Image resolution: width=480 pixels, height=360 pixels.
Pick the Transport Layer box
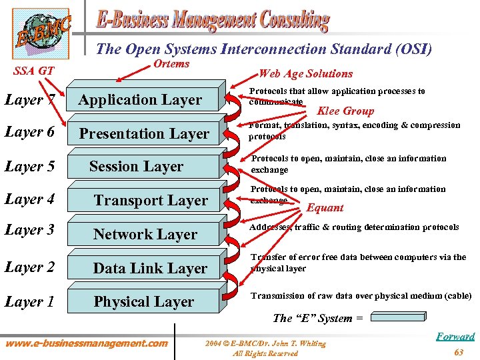coord(149,200)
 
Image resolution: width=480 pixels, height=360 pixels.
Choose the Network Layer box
coord(145,234)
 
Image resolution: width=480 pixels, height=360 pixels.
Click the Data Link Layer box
coord(149,268)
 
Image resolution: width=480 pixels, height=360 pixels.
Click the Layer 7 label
coord(29,100)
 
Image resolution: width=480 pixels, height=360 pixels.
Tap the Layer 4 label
coord(29,199)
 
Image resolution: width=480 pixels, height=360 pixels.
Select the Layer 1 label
coord(29,301)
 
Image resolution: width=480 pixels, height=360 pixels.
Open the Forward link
coord(455,337)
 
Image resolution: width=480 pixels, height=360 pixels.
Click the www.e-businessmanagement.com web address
coord(87,343)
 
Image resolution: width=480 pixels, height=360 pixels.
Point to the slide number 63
coord(458,352)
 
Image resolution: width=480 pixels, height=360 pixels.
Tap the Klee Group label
coord(345,111)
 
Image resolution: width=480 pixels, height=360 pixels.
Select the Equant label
coord(325,208)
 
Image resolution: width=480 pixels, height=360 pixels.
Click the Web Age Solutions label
coord(305,73)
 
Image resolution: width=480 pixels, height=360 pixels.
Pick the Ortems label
coord(171,64)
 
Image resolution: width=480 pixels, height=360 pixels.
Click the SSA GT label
coord(33,70)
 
